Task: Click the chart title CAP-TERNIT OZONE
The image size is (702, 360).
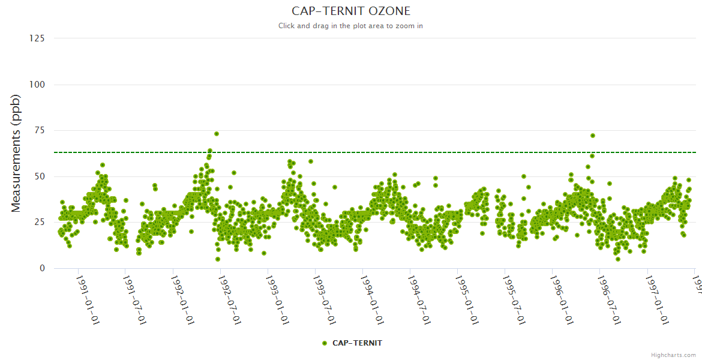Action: (351, 11)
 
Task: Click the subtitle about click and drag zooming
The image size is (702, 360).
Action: (351, 26)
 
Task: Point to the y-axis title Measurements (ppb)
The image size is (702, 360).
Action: (16, 153)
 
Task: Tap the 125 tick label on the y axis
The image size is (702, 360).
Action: (37, 38)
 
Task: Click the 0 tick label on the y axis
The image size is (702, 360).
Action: (42, 268)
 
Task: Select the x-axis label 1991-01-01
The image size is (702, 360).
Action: (88, 299)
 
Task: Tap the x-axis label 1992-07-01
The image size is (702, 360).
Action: (230, 299)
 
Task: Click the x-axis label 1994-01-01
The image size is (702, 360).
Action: (372, 299)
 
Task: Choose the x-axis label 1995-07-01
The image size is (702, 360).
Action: (514, 299)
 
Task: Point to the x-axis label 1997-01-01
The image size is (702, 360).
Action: (656, 299)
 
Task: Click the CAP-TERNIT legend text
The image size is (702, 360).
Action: (357, 343)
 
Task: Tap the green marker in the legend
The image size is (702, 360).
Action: (325, 343)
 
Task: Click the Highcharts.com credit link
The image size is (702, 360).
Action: (673, 355)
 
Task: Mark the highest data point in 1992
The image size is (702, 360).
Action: (217, 134)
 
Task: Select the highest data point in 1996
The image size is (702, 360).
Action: (593, 136)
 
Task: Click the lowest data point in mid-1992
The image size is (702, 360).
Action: (218, 259)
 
